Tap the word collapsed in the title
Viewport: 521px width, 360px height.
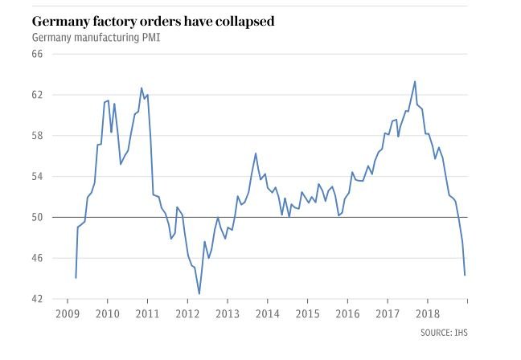tap(241, 21)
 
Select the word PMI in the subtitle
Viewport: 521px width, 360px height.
tap(150, 38)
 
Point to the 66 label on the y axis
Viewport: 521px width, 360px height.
tap(37, 54)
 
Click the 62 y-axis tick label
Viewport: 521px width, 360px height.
tap(37, 95)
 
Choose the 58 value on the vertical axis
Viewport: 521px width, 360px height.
tap(37, 136)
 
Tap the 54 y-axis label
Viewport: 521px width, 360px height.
tap(37, 177)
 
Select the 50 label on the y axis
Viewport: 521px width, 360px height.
tap(37, 217)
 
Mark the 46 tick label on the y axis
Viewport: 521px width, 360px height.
tap(37, 258)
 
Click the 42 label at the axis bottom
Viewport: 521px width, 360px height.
tap(37, 299)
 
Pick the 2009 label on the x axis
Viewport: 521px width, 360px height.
tap(68, 313)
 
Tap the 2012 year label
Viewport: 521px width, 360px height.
tap(187, 313)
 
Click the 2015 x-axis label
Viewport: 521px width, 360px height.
tap(306, 313)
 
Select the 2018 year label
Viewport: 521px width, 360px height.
tap(426, 313)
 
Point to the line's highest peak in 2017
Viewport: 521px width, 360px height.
tap(415, 81)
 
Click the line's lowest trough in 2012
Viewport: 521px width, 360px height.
tap(199, 294)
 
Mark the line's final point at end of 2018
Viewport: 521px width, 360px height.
tap(465, 275)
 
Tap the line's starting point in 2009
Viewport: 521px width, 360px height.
tap(76, 277)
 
